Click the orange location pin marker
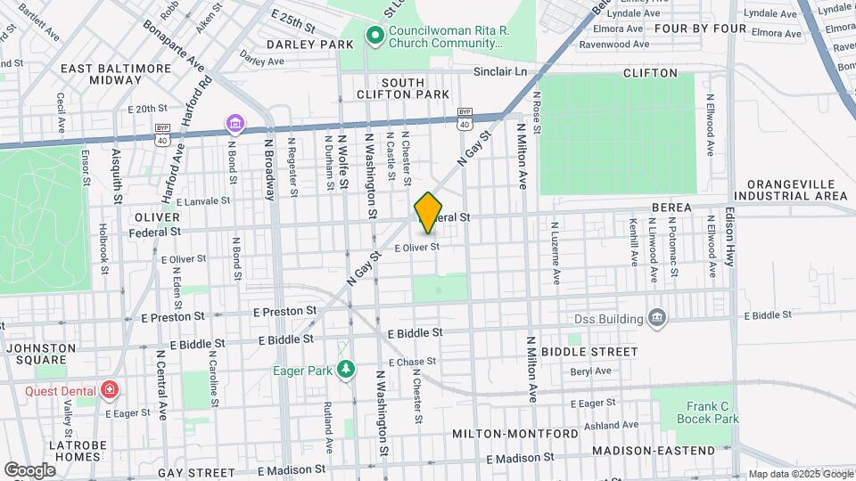(428, 212)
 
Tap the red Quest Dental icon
(109, 389)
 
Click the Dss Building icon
(657, 319)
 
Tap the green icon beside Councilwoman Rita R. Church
(375, 37)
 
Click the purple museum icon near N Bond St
(235, 123)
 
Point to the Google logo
(29, 469)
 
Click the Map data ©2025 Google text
(801, 474)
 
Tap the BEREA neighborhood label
(671, 208)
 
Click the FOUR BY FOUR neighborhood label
(699, 29)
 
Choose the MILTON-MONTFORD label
(515, 433)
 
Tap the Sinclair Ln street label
(500, 70)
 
